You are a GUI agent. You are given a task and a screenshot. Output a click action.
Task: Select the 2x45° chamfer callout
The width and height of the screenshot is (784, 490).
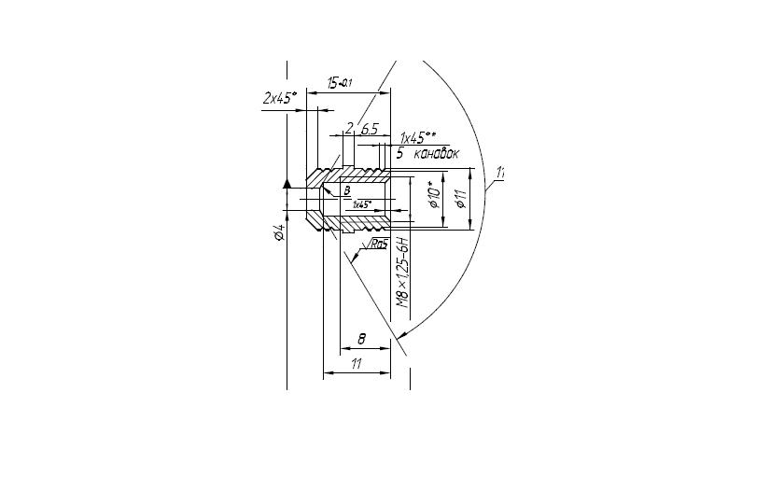tap(279, 97)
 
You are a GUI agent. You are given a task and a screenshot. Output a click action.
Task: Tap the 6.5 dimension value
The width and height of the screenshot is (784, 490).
tap(369, 129)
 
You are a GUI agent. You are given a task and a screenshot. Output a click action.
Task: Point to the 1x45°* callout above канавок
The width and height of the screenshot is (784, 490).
tap(418, 138)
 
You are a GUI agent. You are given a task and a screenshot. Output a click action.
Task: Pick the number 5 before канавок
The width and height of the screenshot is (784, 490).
tap(399, 152)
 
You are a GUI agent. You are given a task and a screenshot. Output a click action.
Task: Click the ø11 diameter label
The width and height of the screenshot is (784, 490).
tap(460, 199)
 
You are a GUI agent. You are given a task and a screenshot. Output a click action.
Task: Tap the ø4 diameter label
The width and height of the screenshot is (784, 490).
tap(279, 234)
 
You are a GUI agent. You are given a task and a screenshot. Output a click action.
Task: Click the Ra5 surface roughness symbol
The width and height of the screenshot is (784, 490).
tap(376, 245)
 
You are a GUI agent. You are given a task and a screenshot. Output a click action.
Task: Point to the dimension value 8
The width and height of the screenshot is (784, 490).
tap(362, 339)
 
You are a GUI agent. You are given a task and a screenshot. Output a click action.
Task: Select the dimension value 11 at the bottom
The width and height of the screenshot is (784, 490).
tap(356, 364)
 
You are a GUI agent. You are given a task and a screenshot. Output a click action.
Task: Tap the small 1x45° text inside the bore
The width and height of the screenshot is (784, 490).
tap(362, 203)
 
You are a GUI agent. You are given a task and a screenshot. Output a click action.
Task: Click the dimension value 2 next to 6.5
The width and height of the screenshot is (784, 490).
tap(349, 129)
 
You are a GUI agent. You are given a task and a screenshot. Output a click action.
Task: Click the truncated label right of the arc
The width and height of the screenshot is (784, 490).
tap(500, 172)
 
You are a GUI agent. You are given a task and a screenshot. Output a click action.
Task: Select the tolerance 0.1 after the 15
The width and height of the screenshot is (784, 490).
tap(346, 85)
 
